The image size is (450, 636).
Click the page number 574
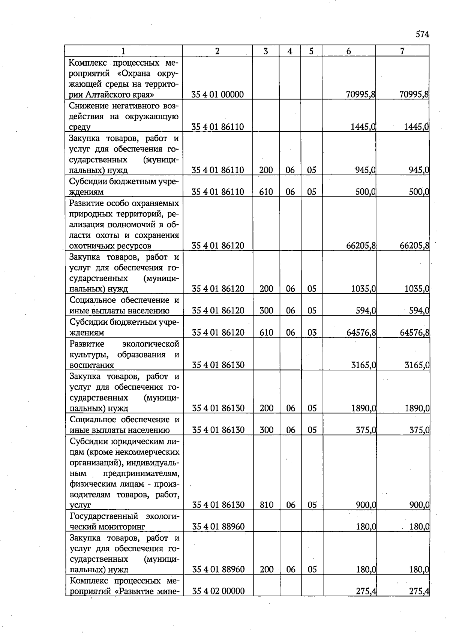[x=422, y=34]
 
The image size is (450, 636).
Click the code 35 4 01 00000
[x=217, y=94]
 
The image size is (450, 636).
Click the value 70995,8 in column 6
[x=361, y=94]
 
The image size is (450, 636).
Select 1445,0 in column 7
[x=416, y=127]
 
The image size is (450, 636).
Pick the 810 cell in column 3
[x=267, y=505]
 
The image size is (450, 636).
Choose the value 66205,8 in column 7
[x=414, y=246]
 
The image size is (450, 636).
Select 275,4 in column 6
[x=366, y=591]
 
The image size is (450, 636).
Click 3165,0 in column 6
[x=363, y=365]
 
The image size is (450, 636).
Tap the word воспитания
[x=92, y=365]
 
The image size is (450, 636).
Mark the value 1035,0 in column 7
[x=417, y=289]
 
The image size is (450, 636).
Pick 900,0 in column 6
[x=366, y=505]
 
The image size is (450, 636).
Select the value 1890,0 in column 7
[x=417, y=408]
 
